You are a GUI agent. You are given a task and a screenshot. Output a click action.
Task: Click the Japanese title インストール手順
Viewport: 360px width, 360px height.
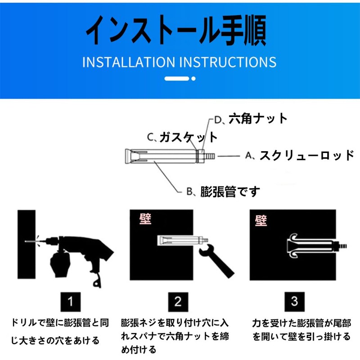point(176,30)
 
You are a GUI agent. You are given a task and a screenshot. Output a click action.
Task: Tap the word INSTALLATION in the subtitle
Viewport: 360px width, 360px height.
point(129,62)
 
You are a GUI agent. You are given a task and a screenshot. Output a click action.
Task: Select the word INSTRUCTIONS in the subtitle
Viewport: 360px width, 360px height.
point(228,62)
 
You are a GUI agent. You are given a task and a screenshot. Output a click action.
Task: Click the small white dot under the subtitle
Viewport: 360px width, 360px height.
point(193,78)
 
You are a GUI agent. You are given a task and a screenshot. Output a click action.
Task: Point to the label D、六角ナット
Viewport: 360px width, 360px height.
point(251,119)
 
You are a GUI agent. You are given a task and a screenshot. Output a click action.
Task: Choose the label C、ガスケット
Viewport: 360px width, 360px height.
point(182,137)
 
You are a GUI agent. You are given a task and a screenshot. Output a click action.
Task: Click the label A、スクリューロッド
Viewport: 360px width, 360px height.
point(300,155)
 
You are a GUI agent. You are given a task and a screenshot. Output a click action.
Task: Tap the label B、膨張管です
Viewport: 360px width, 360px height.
point(223,192)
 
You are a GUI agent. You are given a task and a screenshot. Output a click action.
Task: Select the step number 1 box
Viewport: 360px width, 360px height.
point(71,301)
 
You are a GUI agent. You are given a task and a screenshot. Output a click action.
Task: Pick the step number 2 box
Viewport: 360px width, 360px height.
point(178,301)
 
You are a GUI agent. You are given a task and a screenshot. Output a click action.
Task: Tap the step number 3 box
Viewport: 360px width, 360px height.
point(295,301)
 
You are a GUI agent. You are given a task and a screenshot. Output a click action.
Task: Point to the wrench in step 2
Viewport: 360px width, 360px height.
point(216,261)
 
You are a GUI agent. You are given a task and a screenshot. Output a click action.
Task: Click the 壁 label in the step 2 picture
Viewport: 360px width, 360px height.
point(145,219)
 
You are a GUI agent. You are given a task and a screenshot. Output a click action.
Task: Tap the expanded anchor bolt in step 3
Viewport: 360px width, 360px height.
point(317,246)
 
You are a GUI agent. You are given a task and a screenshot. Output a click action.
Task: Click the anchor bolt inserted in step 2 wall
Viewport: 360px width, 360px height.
point(183,240)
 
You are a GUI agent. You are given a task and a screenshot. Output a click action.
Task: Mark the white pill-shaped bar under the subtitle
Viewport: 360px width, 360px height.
point(177,78)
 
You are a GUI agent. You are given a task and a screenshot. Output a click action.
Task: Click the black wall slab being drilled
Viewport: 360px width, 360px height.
point(27,244)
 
